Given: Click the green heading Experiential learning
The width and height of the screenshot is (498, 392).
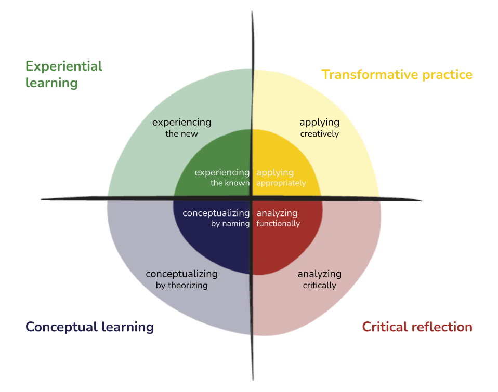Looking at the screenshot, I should point(63,74).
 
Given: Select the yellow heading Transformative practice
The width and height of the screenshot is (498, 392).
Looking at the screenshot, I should point(397,74).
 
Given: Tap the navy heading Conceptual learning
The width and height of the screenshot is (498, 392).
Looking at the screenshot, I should point(89,327).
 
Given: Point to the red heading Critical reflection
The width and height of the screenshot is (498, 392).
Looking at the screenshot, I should point(417,327).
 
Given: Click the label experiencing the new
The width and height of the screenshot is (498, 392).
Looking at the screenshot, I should point(181,128).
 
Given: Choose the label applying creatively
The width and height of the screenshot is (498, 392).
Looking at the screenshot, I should point(319,128).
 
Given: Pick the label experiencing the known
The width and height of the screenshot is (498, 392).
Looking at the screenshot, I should point(222,178).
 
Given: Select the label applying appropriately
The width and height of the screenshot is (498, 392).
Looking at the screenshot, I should point(281,178).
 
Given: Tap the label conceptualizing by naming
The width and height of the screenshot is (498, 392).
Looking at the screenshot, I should point(216,218).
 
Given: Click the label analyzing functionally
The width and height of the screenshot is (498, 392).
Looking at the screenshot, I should point(278,218).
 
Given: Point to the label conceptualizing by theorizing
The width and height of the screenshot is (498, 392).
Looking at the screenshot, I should point(181,279).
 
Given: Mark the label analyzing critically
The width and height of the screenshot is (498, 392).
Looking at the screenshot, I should point(319,279).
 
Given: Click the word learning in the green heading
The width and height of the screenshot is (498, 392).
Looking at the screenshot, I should point(51,83).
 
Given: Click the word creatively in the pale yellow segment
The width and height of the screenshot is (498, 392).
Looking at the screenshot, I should point(319,134).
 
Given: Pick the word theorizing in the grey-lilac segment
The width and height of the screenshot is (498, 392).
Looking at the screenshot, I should point(188,286).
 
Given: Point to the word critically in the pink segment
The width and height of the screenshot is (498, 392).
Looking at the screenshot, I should point(319,286).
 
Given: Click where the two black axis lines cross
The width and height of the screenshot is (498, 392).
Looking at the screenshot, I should point(253,198).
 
